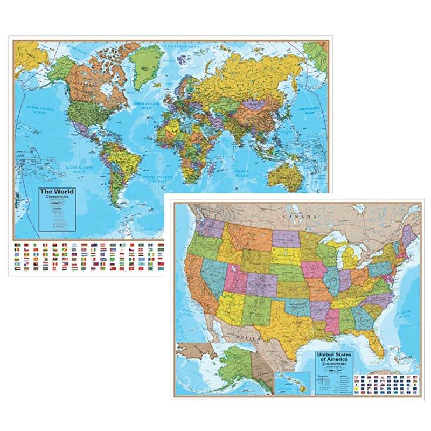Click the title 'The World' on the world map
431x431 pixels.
pos(56,192)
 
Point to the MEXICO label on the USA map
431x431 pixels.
pos(249,337)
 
